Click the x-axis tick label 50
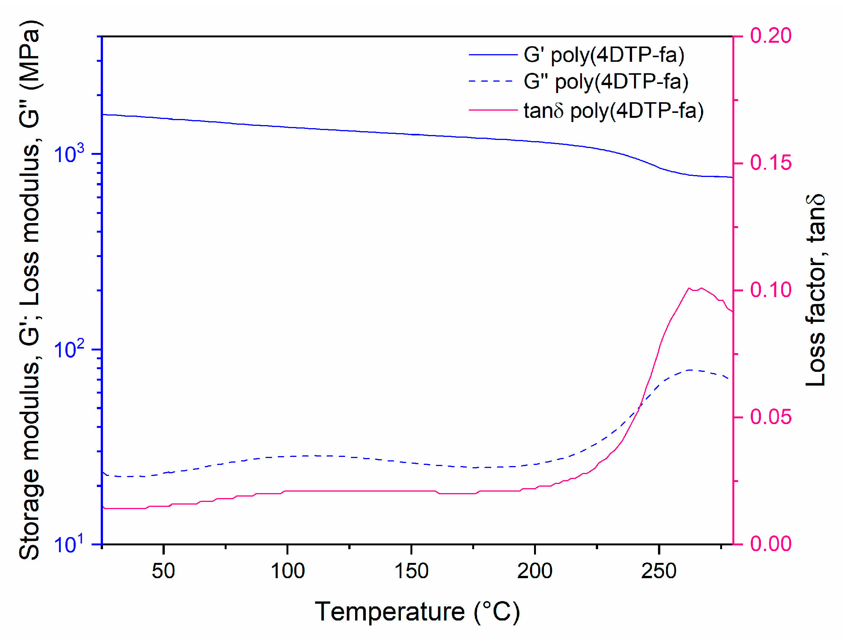(164, 571)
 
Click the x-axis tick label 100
(287, 571)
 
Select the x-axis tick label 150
(411, 571)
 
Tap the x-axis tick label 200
(535, 571)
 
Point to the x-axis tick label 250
(659, 571)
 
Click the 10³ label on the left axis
(69, 154)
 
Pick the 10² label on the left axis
(69, 349)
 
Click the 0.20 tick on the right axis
(770, 36)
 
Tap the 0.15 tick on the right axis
(770, 163)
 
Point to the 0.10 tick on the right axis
(770, 290)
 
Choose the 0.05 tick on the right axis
(770, 417)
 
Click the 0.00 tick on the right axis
(770, 543)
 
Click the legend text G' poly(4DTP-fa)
(604, 55)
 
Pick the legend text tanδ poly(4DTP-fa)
(613, 111)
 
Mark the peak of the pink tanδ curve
(701, 288)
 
